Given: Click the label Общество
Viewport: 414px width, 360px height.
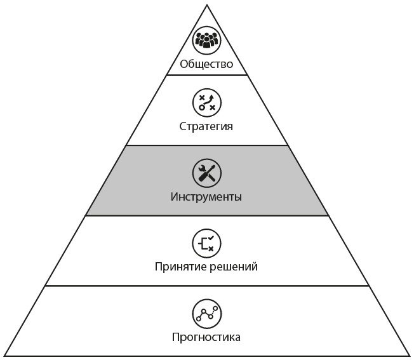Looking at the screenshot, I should (x=206, y=63).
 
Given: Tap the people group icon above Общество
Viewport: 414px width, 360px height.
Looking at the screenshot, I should (x=206, y=39).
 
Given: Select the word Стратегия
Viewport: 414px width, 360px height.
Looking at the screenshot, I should (x=206, y=126).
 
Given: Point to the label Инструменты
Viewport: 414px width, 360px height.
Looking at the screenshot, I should (x=206, y=196).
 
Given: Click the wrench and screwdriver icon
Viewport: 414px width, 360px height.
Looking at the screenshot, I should (x=206, y=172).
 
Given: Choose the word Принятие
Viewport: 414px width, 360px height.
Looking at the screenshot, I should (x=180, y=266).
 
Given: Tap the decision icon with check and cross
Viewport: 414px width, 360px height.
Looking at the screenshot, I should (x=206, y=243).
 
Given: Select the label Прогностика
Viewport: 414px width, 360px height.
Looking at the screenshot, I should (x=206, y=337).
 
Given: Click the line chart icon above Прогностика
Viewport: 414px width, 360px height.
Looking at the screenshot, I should (x=206, y=312).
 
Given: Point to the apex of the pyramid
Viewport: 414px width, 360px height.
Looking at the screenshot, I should (x=207, y=5).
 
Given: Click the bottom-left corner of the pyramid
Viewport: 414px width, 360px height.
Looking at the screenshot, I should (x=4, y=356).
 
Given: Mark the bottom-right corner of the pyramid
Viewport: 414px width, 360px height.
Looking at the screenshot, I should (x=410, y=356).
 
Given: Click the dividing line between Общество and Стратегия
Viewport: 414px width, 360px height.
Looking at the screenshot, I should (x=206, y=76).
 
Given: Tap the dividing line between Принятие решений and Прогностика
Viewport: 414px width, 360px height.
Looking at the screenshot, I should (x=206, y=286).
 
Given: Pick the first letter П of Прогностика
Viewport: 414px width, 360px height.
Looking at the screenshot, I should (x=176, y=337).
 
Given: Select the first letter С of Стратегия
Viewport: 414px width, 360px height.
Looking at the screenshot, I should (x=182, y=126).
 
